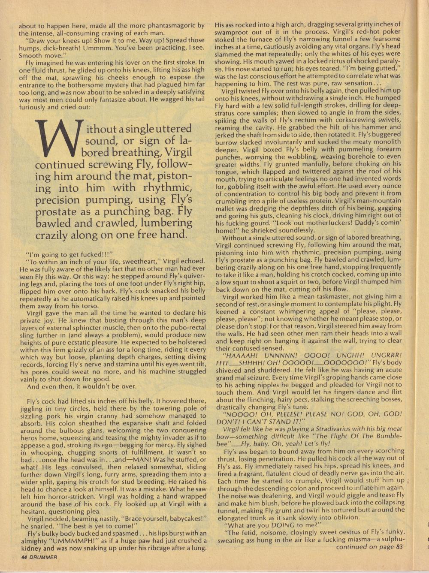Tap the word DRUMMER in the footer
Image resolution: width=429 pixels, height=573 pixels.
pos(44,557)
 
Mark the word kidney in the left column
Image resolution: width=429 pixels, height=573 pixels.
pos(31,548)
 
